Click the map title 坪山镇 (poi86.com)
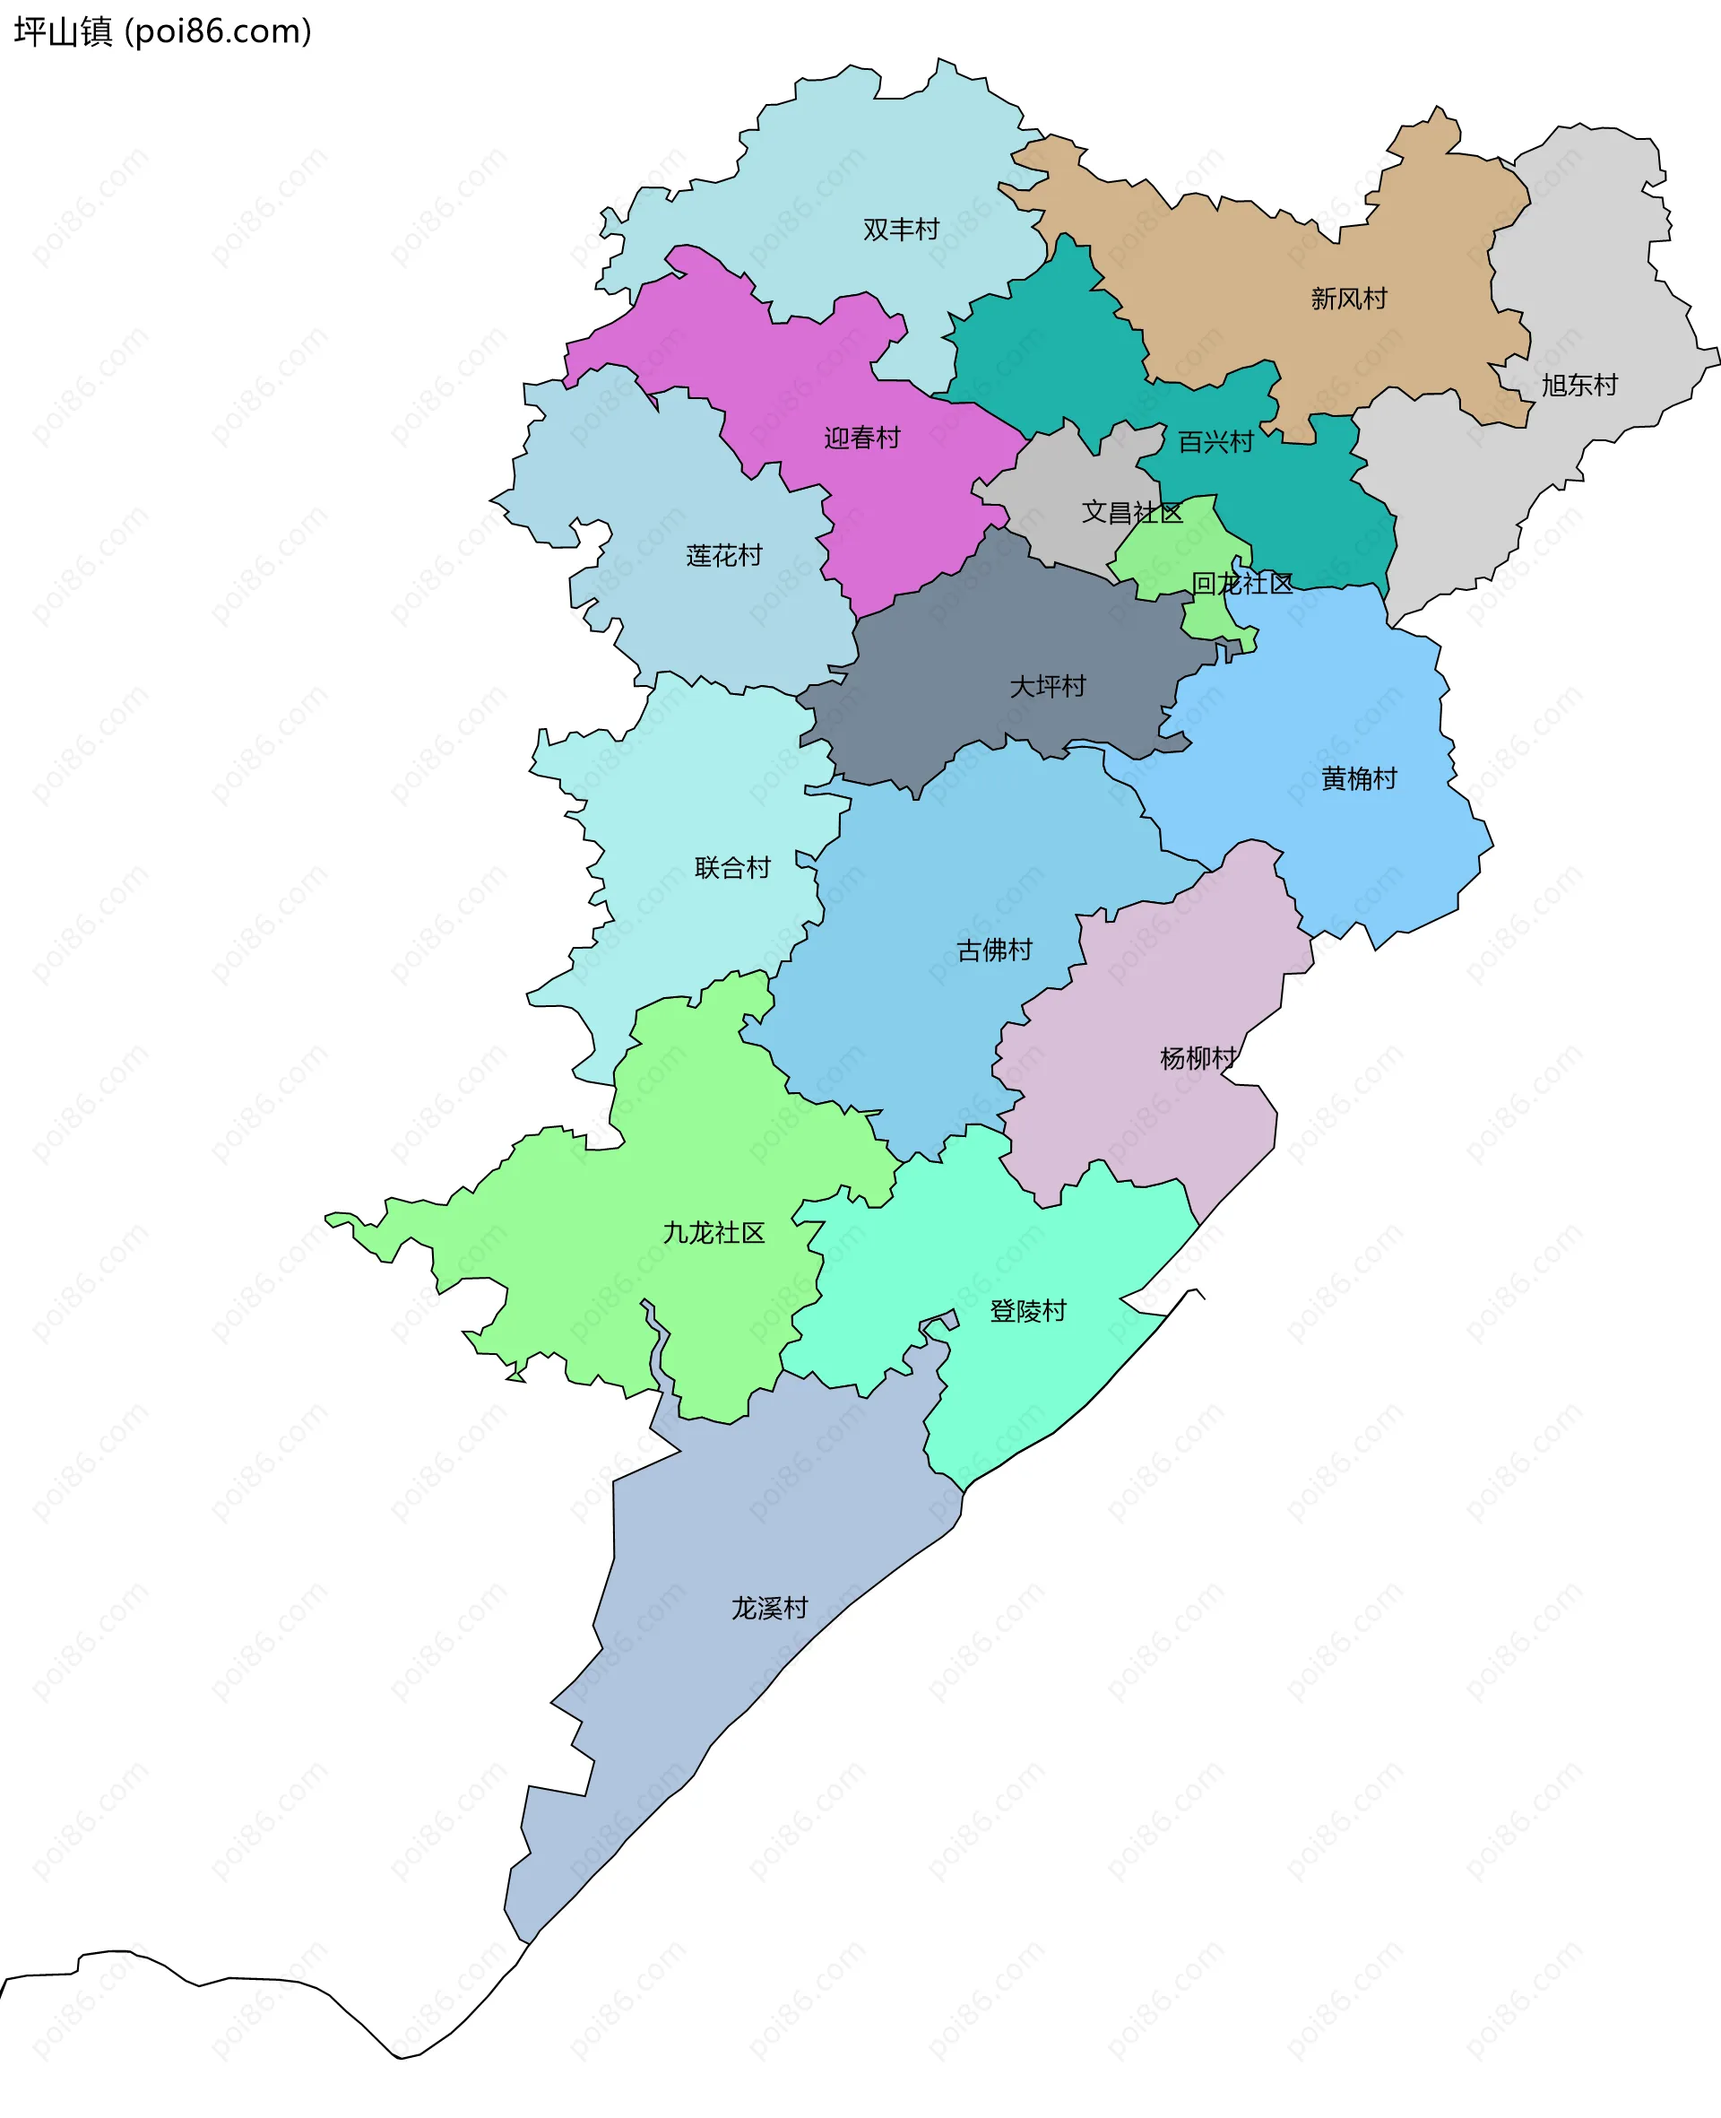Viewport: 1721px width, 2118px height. click(x=162, y=31)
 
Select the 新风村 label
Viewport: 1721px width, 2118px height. click(x=1348, y=299)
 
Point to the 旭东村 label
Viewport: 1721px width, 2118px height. click(x=1578, y=385)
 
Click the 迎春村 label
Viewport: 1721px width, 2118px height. click(x=861, y=438)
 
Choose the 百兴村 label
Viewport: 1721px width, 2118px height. click(x=1215, y=442)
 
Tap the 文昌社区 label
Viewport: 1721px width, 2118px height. click(x=1131, y=512)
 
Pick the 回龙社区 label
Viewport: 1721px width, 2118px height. click(x=1241, y=583)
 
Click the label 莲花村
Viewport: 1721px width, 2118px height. click(x=723, y=555)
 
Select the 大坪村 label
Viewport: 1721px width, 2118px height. click(x=1047, y=686)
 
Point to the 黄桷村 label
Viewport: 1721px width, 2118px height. click(x=1358, y=778)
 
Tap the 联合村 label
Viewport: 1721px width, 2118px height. click(x=731, y=868)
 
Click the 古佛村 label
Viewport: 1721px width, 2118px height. click(x=993, y=950)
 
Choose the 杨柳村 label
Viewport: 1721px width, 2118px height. click(x=1198, y=1058)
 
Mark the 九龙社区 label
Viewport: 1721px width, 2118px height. click(x=713, y=1233)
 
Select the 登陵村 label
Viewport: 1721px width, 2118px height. click(x=1027, y=1311)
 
